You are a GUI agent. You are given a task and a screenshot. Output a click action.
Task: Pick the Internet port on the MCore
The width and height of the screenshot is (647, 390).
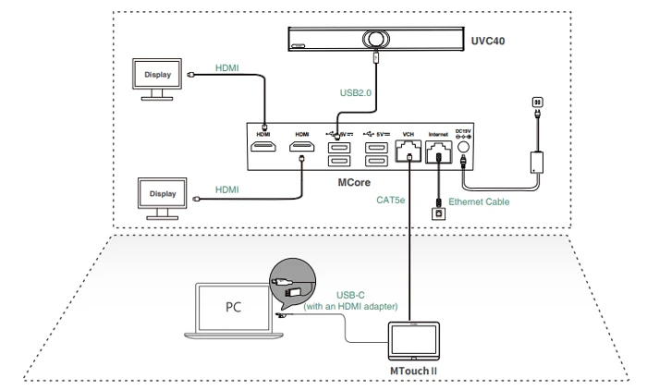click(x=437, y=151)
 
